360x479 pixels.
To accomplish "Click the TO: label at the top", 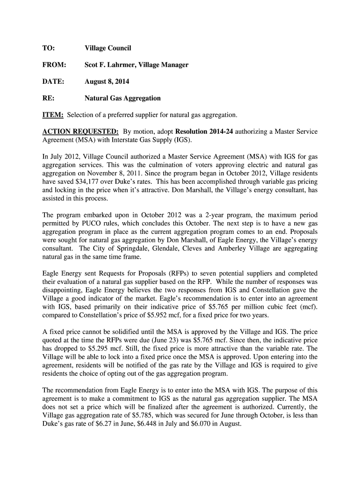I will (49, 48).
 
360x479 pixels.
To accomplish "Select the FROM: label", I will (54, 65).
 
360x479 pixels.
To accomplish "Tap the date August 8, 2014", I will (107, 81).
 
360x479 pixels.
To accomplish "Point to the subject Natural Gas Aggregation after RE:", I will (122, 98).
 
